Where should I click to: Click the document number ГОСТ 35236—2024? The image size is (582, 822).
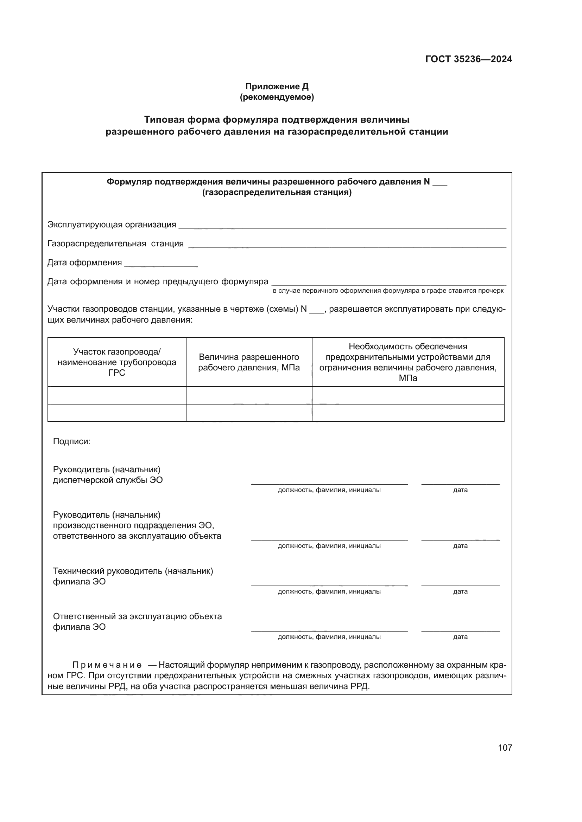pyautogui.click(x=468, y=59)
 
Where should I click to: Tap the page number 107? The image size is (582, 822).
pyautogui.click(x=505, y=747)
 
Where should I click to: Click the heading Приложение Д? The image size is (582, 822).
pyautogui.click(x=277, y=86)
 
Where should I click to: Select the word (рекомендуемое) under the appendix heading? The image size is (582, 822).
pyautogui.click(x=277, y=97)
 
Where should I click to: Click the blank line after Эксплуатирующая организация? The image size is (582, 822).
pyautogui.click(x=342, y=227)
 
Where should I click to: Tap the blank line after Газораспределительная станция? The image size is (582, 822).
pyautogui.click(x=347, y=246)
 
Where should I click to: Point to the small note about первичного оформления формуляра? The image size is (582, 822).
pyautogui.click(x=388, y=291)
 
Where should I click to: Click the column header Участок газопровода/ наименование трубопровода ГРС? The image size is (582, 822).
pyautogui.click(x=117, y=362)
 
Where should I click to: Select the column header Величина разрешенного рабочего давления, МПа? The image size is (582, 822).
pyautogui.click(x=249, y=362)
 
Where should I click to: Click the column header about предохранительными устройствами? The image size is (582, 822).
pyautogui.click(x=408, y=362)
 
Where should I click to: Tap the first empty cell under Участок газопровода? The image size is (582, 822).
pyautogui.click(x=117, y=396)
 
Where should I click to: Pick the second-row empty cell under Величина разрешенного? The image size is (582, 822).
pyautogui.click(x=249, y=413)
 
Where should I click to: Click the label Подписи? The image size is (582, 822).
pyautogui.click(x=72, y=441)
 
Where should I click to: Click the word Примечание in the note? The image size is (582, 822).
pyautogui.click(x=107, y=665)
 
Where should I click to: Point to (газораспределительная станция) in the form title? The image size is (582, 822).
pyautogui.click(x=277, y=193)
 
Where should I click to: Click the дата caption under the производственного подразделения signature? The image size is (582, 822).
pyautogui.click(x=460, y=546)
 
